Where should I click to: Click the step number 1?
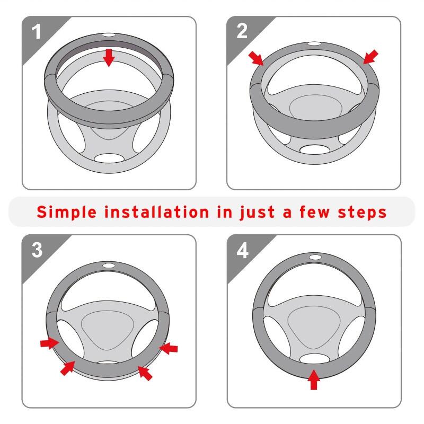[36, 32]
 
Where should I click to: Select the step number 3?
[37, 250]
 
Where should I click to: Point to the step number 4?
[242, 250]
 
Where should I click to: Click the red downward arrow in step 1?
[109, 58]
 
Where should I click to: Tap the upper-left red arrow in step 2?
[256, 59]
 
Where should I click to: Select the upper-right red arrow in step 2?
[370, 57]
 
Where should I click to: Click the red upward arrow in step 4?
[314, 379]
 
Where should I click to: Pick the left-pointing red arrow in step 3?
[168, 348]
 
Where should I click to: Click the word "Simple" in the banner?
[67, 212]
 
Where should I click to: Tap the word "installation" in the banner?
[157, 211]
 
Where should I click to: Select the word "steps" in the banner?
[363, 213]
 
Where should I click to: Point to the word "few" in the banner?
[315, 211]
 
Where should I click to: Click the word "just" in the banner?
[257, 213]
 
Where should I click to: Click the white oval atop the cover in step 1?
[108, 36]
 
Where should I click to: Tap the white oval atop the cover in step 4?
[315, 257]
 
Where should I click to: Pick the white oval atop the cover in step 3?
[109, 266]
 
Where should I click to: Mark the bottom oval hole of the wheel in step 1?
[109, 158]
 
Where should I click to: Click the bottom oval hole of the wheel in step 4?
[314, 359]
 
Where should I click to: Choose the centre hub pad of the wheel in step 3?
[108, 330]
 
